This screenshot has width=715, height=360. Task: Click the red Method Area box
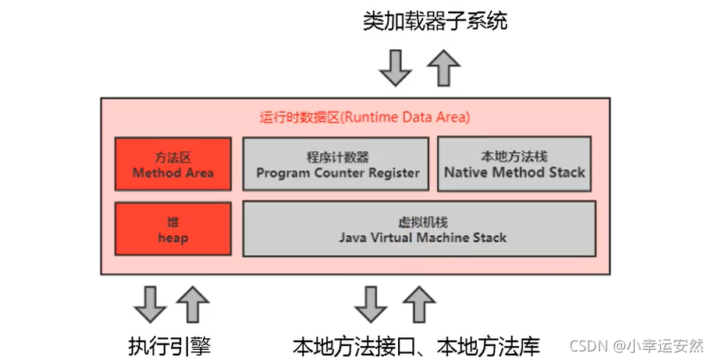click(x=173, y=164)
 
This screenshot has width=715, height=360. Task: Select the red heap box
click(x=173, y=229)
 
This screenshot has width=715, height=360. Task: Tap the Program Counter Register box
click(x=336, y=164)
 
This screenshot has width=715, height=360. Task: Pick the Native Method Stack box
click(x=514, y=164)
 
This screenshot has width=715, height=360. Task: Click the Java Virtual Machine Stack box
click(x=420, y=229)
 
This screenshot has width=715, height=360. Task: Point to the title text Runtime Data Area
click(x=365, y=118)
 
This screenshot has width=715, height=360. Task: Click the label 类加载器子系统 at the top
click(x=435, y=21)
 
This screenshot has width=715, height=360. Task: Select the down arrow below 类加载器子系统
click(x=395, y=69)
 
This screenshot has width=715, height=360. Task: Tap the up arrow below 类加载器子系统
click(x=443, y=69)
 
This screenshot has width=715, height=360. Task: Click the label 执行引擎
click(x=169, y=344)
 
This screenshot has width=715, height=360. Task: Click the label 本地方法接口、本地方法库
click(x=416, y=344)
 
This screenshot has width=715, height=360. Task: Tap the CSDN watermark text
click(x=636, y=345)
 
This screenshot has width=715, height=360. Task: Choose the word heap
click(x=173, y=237)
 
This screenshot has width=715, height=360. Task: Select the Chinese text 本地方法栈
click(x=514, y=156)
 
